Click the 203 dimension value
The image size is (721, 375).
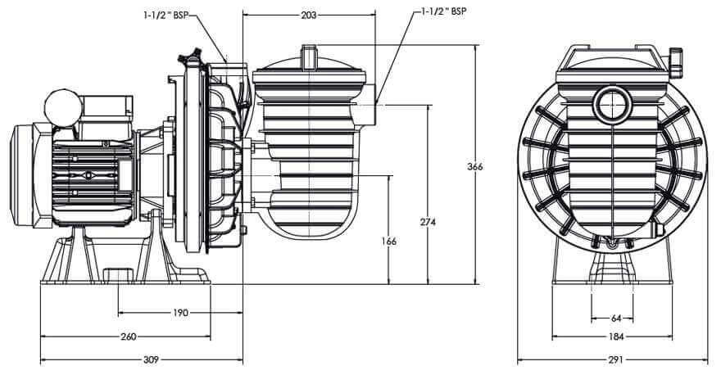[308, 15]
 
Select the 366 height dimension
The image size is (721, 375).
[474, 166]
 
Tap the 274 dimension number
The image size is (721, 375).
[426, 222]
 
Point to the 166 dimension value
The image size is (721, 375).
[388, 242]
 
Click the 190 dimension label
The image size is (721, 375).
[180, 313]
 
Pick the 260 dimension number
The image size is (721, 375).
[128, 337]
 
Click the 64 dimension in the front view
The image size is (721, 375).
[615, 318]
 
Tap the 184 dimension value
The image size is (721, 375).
[615, 337]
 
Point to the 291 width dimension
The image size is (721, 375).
[615, 359]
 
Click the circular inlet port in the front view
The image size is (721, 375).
[612, 105]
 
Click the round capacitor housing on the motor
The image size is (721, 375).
[61, 106]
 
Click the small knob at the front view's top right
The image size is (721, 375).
[677, 58]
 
